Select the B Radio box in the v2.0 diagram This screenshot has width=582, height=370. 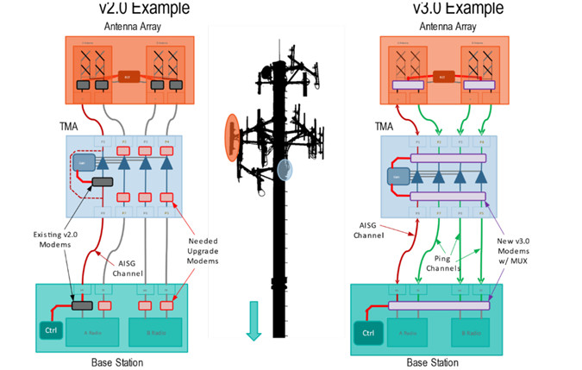(156, 331)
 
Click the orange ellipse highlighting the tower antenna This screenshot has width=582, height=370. (231, 136)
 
